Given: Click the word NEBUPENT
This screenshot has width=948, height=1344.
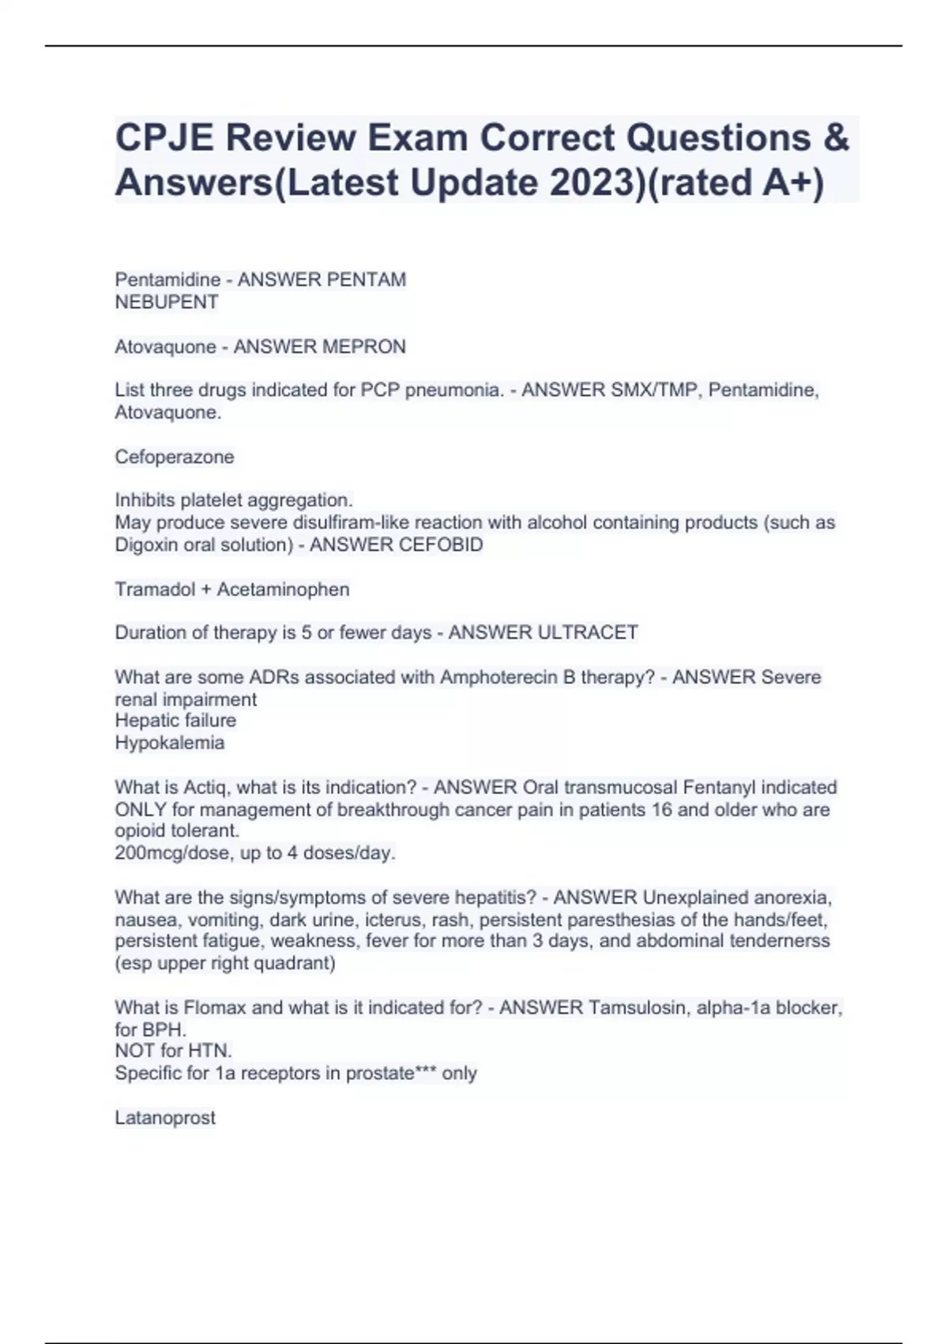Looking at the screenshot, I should [167, 302].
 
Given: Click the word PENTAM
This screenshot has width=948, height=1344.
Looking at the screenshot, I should [367, 280].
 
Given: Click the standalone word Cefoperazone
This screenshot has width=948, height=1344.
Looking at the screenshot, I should [175, 457].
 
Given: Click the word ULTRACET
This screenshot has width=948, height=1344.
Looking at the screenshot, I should [587, 632].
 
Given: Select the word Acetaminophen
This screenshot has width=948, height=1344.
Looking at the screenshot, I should [283, 589].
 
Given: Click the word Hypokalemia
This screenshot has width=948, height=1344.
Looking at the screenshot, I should [170, 742].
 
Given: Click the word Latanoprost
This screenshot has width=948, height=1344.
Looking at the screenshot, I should [165, 1118].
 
